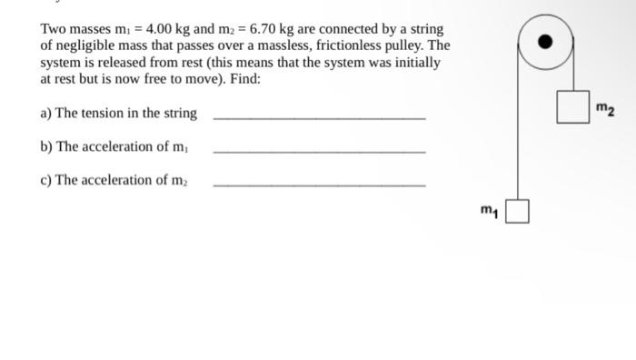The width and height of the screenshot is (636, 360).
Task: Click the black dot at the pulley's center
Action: (x=545, y=42)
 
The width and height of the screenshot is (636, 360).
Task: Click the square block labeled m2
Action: (x=571, y=106)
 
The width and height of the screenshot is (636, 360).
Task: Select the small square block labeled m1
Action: (x=517, y=212)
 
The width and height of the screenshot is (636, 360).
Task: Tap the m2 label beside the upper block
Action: (x=606, y=110)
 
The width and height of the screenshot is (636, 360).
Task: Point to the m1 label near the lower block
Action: (x=491, y=212)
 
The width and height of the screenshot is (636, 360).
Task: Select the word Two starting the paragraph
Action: (x=54, y=28)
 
